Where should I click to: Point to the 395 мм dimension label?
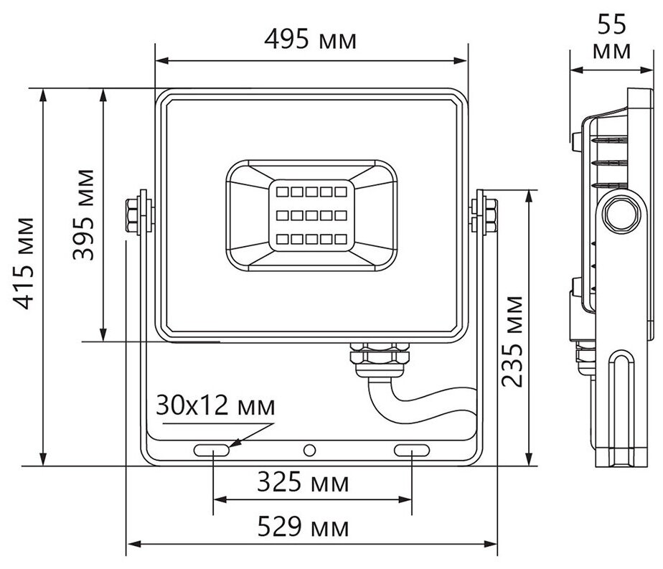click(85, 215)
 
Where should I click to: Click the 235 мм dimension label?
click(511, 340)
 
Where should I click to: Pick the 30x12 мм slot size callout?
click(215, 407)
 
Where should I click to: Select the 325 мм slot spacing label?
click(304, 482)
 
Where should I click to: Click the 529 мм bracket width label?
click(304, 528)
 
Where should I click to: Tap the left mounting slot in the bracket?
click(212, 450)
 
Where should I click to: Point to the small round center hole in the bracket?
click(310, 450)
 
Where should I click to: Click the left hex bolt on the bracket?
click(133, 214)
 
